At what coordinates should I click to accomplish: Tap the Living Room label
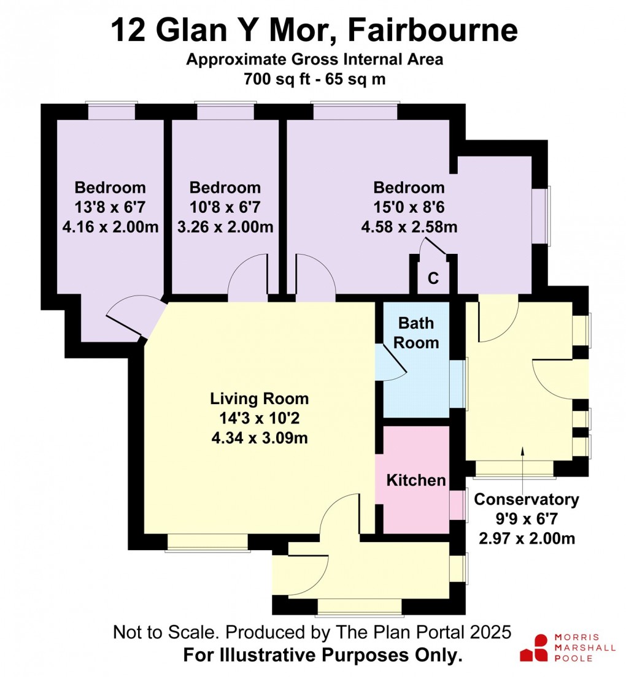tap(260, 399)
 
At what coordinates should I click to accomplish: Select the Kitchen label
tap(416, 480)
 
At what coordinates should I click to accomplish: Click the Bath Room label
tap(416, 332)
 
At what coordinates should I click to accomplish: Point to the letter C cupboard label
tap(433, 278)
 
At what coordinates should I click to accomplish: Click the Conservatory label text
tap(527, 500)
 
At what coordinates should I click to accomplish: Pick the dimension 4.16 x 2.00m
tap(110, 228)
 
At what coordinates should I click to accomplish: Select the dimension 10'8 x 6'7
tap(225, 208)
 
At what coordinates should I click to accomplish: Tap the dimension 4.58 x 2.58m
tap(409, 228)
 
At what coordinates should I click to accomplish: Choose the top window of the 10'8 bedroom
tap(225, 112)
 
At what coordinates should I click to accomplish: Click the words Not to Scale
tap(157, 633)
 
